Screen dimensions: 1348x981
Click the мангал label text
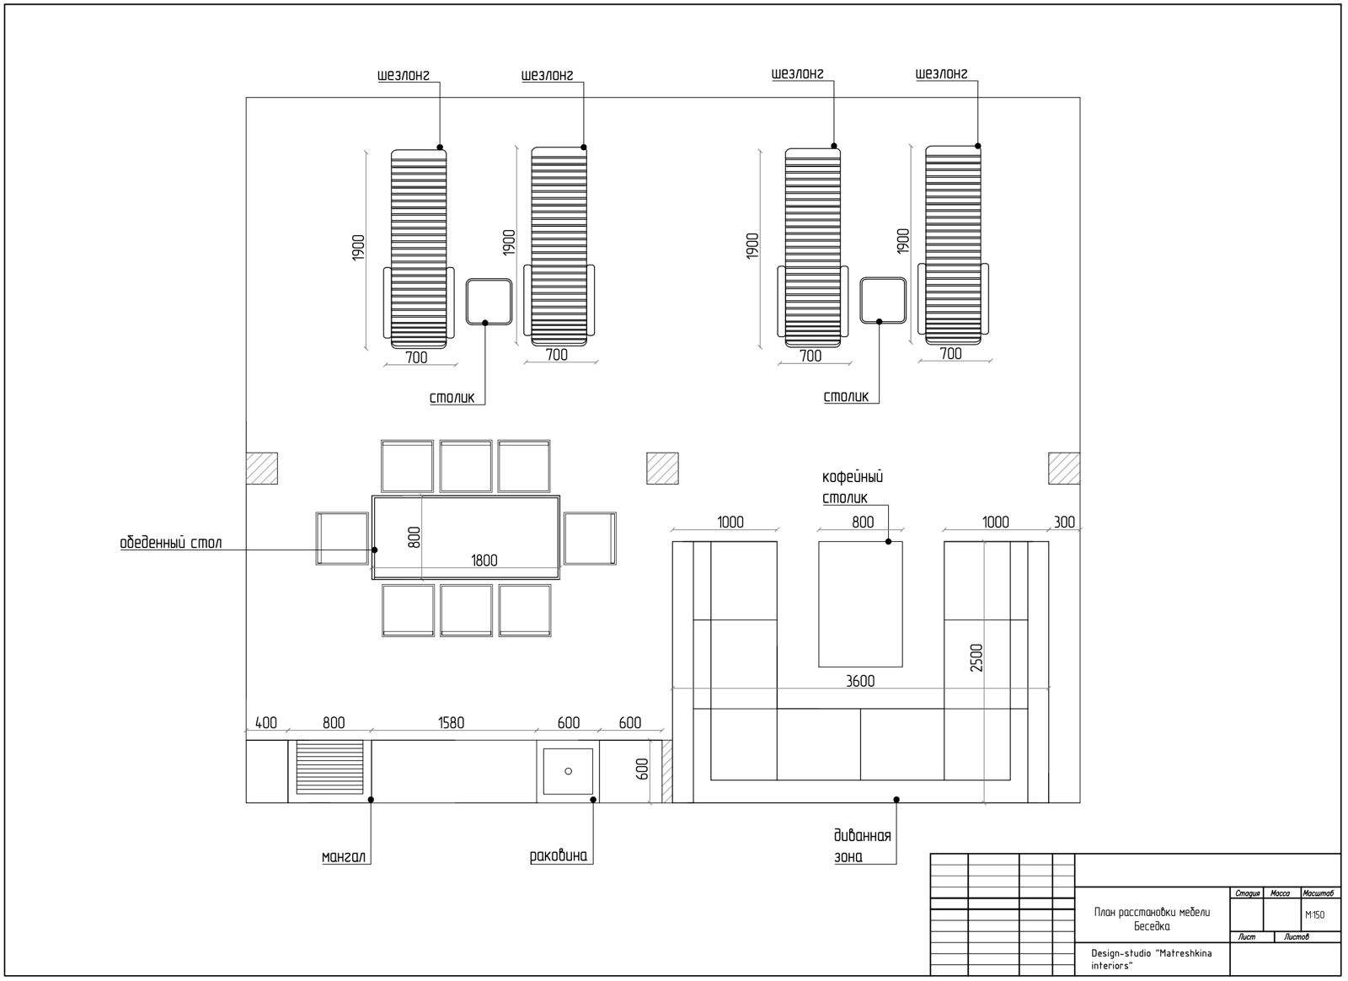click(x=344, y=856)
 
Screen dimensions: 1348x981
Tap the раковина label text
click(x=559, y=855)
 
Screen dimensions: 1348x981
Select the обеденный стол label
click(x=171, y=543)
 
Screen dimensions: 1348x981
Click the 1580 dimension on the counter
click(x=452, y=722)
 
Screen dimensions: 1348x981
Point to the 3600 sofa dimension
click(x=860, y=681)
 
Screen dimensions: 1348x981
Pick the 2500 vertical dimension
click(x=976, y=658)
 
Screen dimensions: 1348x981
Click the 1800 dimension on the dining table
click(x=484, y=560)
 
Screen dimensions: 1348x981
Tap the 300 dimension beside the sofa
click(x=1064, y=522)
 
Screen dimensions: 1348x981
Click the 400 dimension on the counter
click(x=266, y=722)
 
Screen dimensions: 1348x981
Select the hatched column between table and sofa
click(x=662, y=469)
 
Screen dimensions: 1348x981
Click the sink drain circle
click(x=568, y=771)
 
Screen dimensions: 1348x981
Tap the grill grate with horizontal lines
click(x=329, y=767)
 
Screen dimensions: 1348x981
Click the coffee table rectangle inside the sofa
click(x=860, y=604)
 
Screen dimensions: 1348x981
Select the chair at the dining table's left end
click(x=342, y=539)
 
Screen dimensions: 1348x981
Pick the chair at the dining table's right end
click(x=590, y=539)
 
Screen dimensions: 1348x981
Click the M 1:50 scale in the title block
click(x=1315, y=914)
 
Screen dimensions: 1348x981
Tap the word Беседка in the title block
click(x=1152, y=926)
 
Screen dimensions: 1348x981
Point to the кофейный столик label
click(x=853, y=487)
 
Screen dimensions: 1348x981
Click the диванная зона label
click(x=863, y=845)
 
